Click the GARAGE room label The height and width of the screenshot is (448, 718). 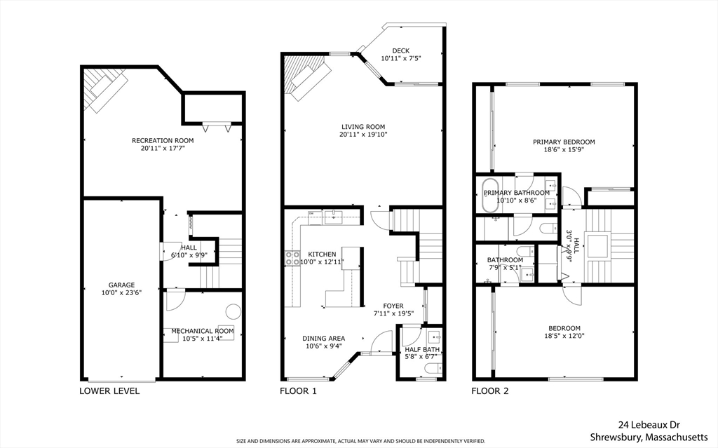[121, 285]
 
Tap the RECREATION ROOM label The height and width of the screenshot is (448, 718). [163, 141]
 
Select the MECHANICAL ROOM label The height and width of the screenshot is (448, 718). [203, 331]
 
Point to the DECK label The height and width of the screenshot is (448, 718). [400, 51]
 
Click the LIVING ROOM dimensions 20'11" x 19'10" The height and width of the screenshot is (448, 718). [363, 135]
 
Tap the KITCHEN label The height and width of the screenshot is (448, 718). [322, 254]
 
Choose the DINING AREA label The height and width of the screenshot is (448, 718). [324, 339]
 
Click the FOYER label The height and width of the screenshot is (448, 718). [393, 306]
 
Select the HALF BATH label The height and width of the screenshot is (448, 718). [422, 350]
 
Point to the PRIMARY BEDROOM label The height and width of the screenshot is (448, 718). [564, 142]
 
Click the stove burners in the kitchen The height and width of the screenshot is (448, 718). [292, 259]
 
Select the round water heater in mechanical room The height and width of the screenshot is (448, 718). [233, 311]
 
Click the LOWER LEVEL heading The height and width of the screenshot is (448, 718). [109, 391]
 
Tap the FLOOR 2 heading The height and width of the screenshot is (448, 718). [490, 391]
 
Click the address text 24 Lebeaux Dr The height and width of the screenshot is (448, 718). [649, 425]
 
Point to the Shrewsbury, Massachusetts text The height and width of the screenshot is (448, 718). [649, 437]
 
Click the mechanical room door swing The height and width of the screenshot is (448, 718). [175, 300]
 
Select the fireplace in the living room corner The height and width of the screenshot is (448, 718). [303, 76]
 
